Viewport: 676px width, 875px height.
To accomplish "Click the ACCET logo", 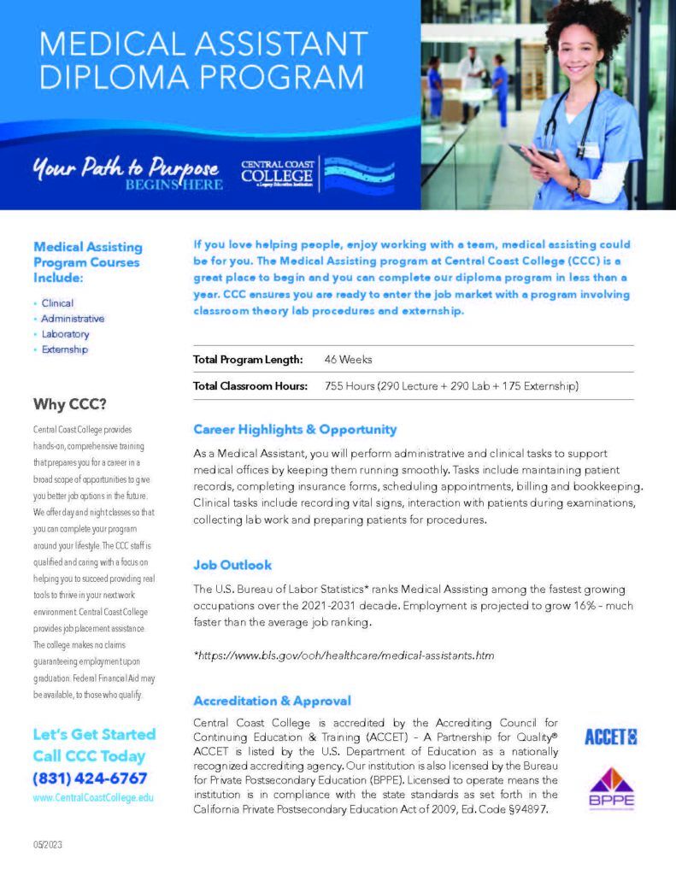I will coord(611,736).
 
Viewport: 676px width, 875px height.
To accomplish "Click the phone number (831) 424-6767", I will coord(90,778).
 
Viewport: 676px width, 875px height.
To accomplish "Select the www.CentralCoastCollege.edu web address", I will coord(93,797).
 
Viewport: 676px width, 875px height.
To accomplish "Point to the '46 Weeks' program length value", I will coord(348,360).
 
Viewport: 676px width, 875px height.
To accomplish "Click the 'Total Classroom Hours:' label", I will coord(250,386).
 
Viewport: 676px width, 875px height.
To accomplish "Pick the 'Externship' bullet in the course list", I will coord(65,349).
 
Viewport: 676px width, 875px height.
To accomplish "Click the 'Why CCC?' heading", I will coord(70,403).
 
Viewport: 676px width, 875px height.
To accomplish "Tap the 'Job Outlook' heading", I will coord(232,565).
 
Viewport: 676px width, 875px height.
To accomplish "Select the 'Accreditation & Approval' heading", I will coord(272,701).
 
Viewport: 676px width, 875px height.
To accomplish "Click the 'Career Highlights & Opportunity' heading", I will coord(295,429).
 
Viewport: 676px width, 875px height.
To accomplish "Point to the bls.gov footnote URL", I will coord(344,655).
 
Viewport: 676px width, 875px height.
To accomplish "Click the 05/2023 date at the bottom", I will coord(48,845).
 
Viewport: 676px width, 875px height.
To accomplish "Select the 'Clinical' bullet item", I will coord(58,303).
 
